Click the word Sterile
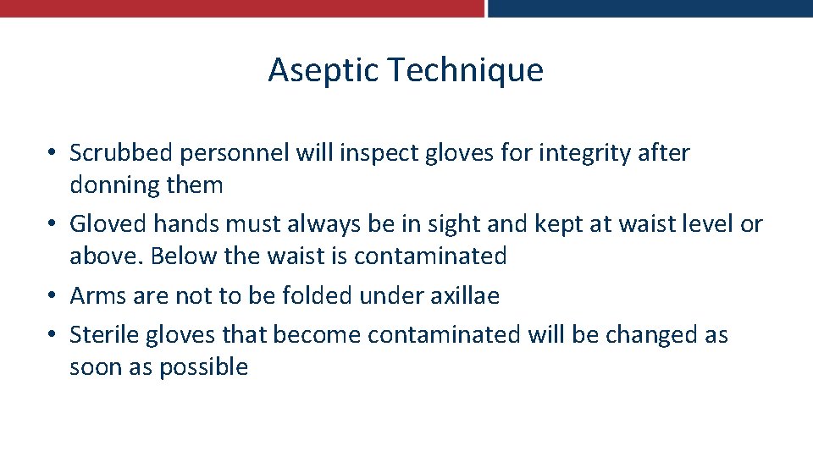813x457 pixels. tap(104, 335)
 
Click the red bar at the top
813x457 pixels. tap(241, 8)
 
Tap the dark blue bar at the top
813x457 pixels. tap(650, 8)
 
